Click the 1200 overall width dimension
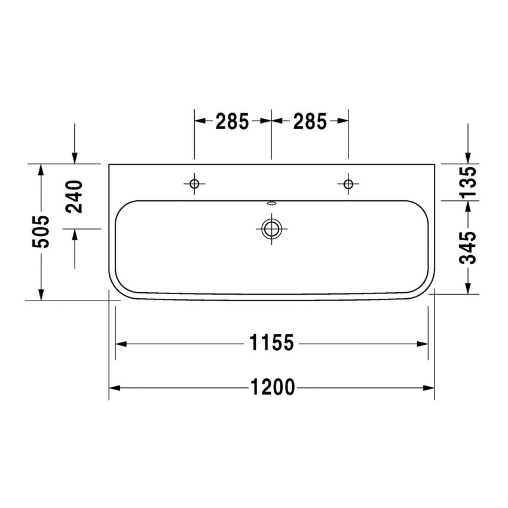(x=272, y=388)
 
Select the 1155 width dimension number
(x=272, y=344)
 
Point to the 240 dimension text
(x=75, y=196)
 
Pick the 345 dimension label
(x=469, y=246)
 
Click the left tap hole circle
(x=194, y=183)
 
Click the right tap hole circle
(x=348, y=183)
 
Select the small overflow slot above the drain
(x=271, y=203)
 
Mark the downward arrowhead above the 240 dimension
(x=75, y=157)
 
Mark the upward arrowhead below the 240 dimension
(x=75, y=234)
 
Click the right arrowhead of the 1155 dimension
(x=423, y=344)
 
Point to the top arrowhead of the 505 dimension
(x=41, y=169)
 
